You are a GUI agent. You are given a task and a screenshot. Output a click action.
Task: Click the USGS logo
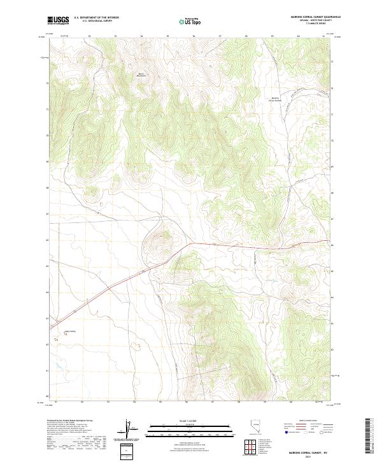coord(58,21)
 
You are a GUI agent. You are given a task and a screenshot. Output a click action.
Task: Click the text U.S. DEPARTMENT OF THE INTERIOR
coord(96,18)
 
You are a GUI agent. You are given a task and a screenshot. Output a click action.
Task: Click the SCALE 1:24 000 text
coord(182,421)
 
